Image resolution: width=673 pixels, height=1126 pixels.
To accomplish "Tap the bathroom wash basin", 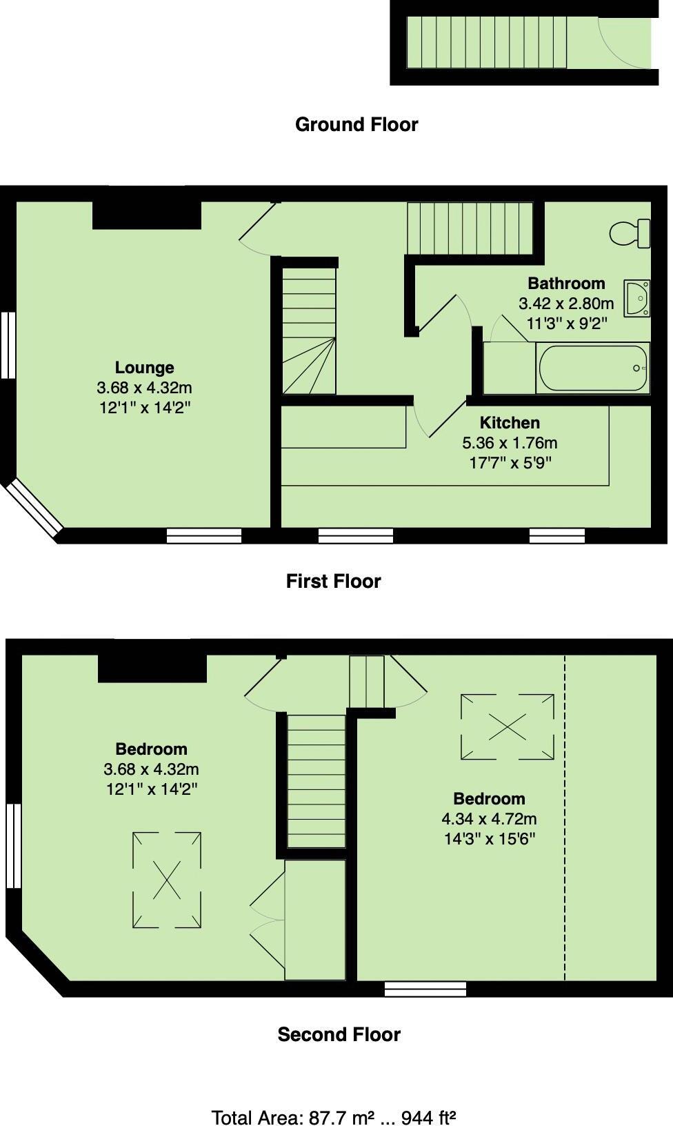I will pos(636,298).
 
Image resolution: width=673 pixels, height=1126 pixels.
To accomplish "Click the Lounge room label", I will pos(144,368).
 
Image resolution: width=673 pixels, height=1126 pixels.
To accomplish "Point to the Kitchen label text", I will pos(510,422).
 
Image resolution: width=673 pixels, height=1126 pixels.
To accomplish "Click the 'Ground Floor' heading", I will pos(356,125).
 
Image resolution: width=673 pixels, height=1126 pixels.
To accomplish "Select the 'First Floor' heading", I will pos(333,581).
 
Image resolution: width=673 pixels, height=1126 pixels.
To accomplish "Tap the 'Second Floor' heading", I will pos(339,1034).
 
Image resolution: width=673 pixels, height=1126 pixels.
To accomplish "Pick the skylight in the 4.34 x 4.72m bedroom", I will pos(507,727).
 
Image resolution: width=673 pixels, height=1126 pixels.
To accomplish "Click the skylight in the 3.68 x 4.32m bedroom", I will pos(167,880).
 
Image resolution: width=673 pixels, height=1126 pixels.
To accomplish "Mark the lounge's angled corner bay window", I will pos(32,509).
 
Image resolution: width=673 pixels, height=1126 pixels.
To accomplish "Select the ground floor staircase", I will pos(486,43).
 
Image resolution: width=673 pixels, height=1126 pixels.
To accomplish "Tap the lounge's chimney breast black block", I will pos(147,215).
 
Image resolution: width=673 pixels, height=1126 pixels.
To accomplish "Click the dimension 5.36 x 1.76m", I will pos(510,443).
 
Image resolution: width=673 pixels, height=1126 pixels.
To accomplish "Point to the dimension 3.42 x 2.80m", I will pos(566,304).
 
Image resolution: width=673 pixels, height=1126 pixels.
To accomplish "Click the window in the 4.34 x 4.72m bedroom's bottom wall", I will pos(425,989).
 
